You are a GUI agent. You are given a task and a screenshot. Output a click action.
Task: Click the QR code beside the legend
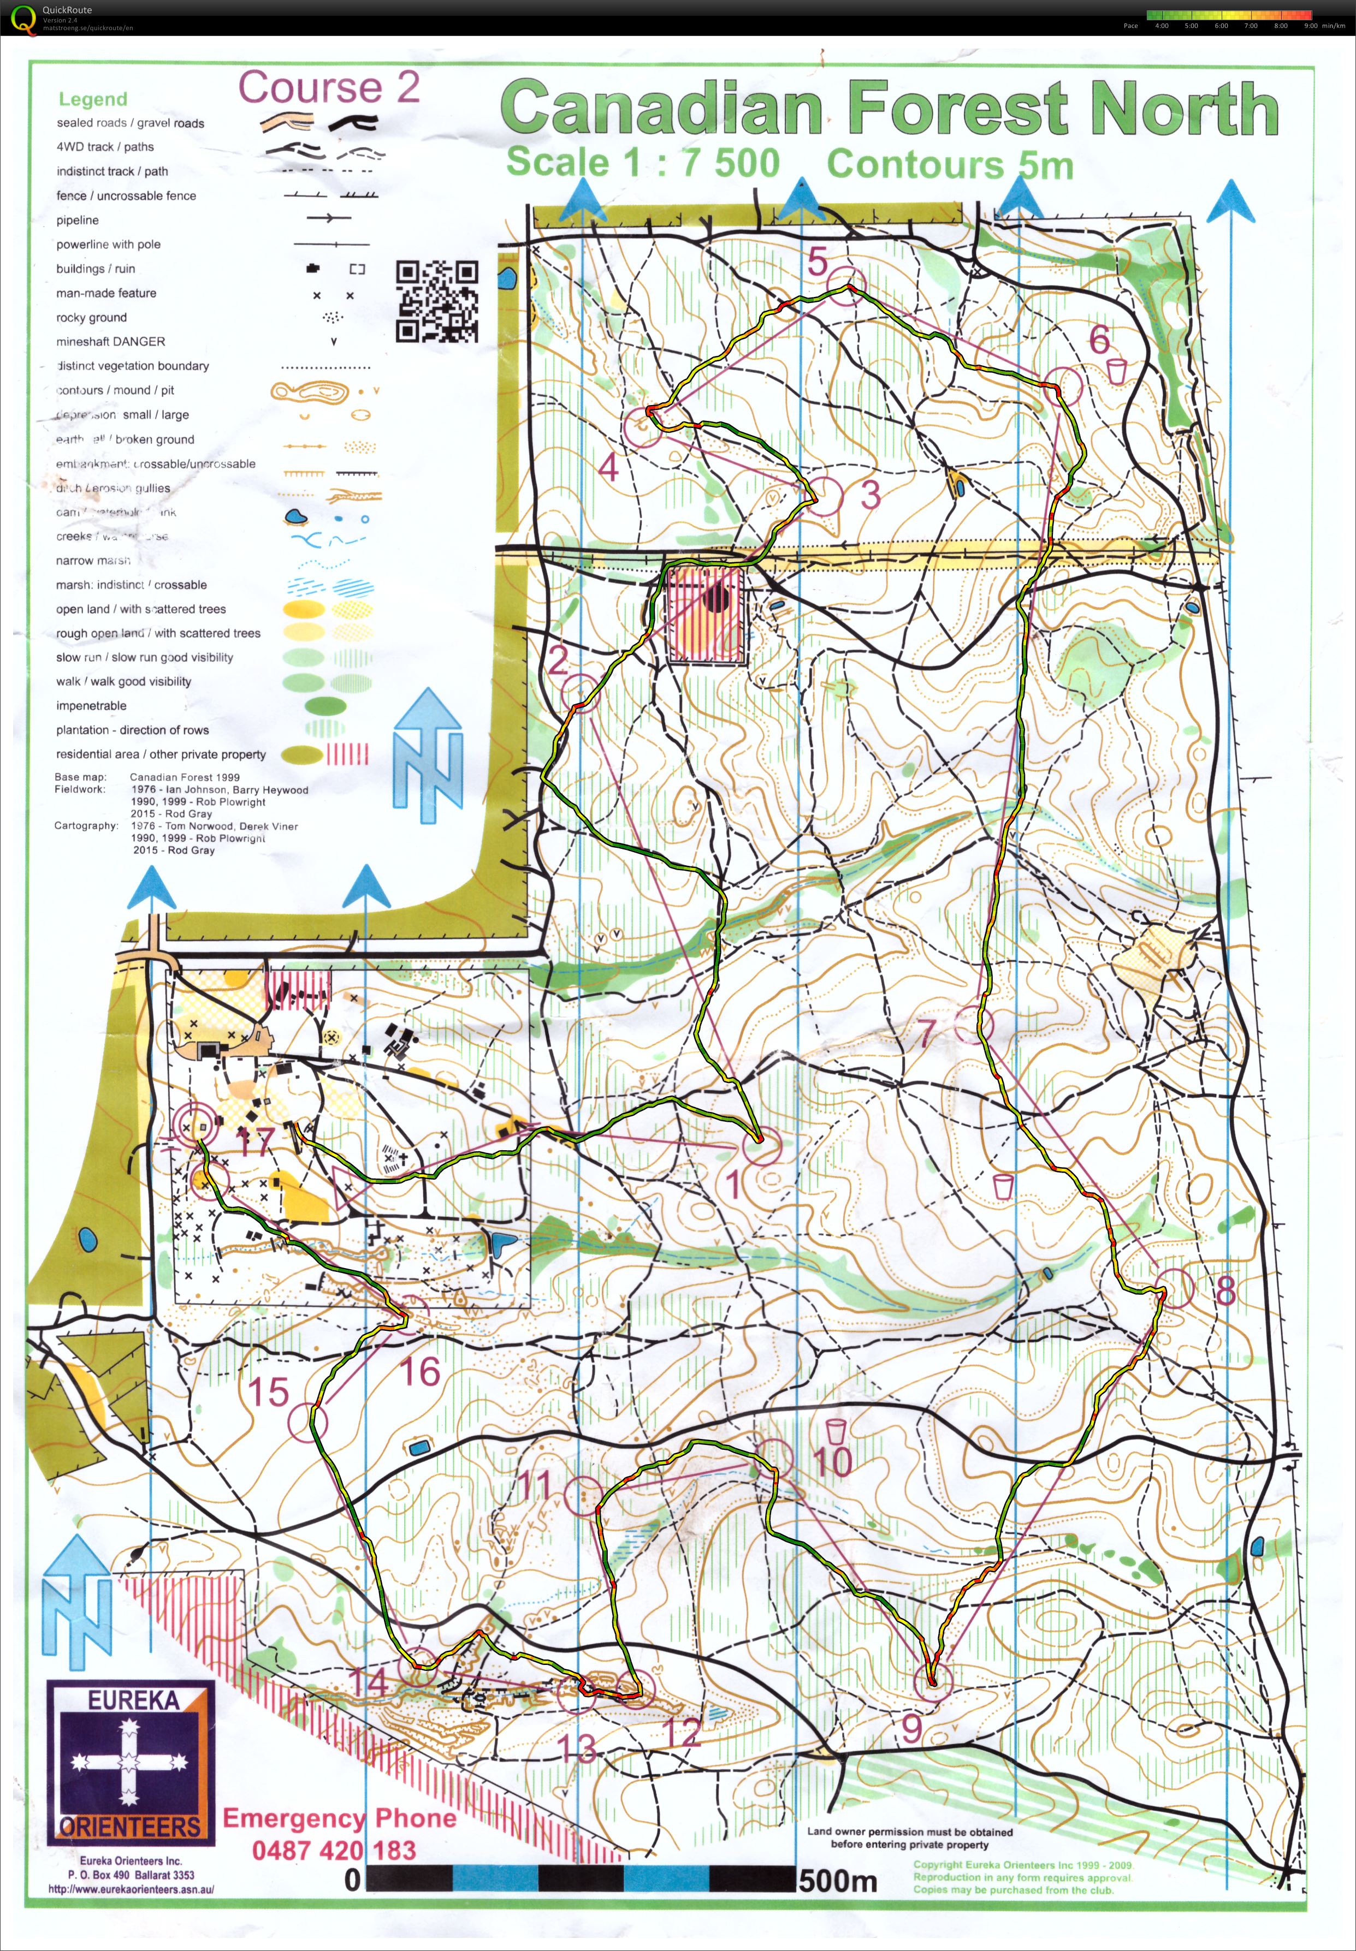pyautogui.click(x=437, y=301)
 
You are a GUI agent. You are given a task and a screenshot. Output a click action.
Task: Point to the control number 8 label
pyautogui.click(x=1224, y=1290)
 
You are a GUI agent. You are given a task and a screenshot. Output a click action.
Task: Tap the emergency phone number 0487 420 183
pyautogui.click(x=333, y=1851)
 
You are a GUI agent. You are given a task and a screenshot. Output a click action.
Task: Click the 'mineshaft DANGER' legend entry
pyautogui.click(x=110, y=341)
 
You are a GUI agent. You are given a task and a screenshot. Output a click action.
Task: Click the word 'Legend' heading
pyautogui.click(x=93, y=99)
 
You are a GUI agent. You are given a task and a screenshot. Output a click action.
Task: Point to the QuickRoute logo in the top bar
pyautogui.click(x=21, y=18)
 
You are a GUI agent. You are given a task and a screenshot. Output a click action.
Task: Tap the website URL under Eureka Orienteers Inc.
pyautogui.click(x=131, y=1889)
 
